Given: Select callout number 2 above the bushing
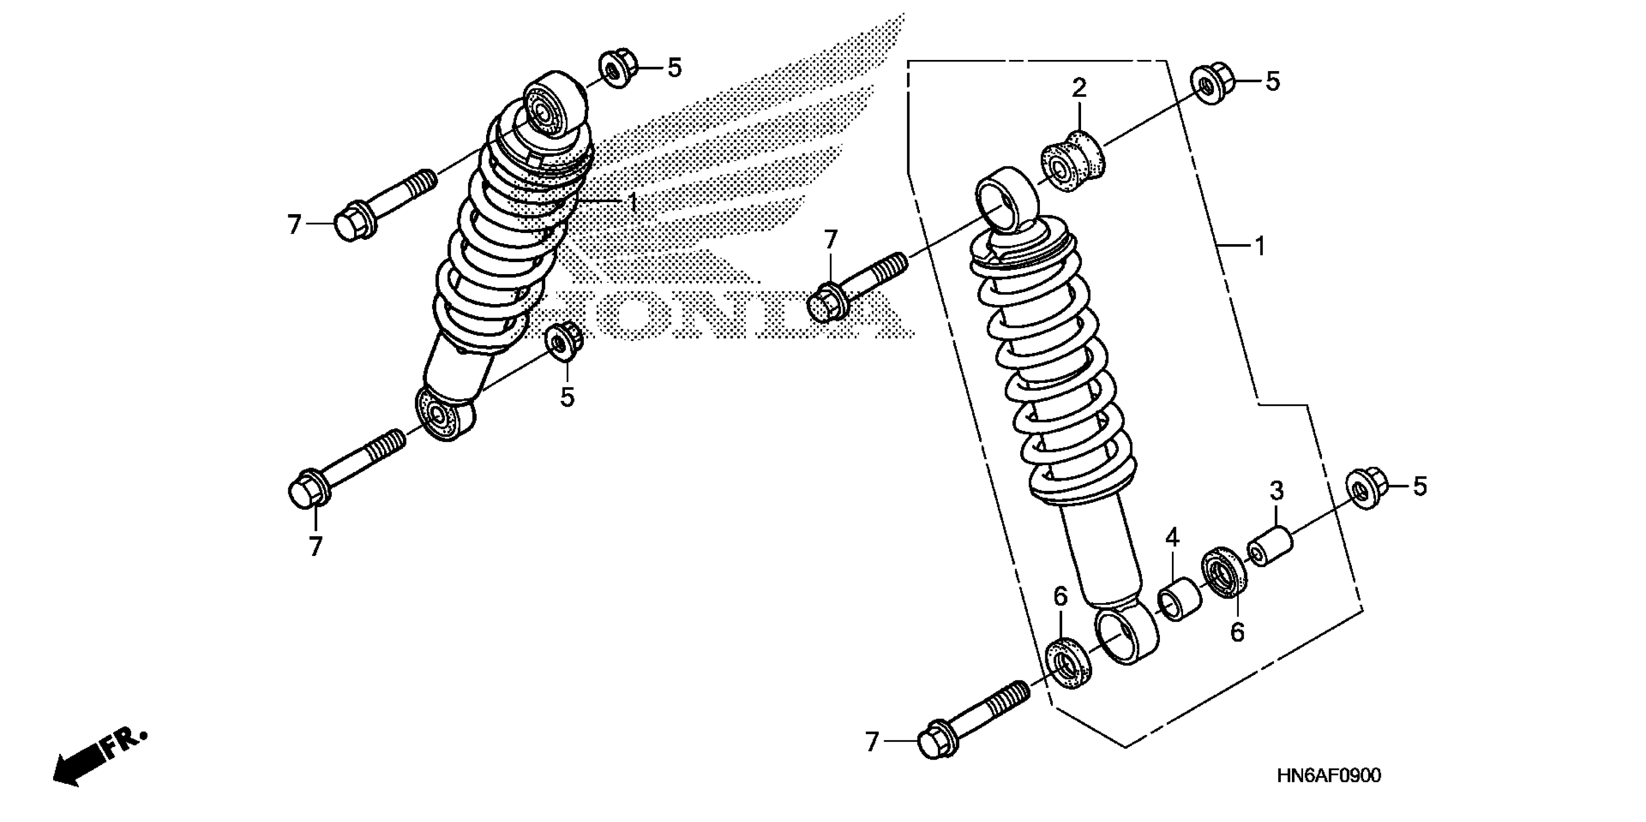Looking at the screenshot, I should (x=1079, y=88).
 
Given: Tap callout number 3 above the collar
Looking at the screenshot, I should (x=1276, y=491).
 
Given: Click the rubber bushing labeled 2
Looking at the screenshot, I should (x=1073, y=163).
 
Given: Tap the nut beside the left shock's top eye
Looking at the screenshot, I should (x=617, y=68).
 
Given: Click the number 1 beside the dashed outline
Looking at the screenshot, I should (x=1260, y=247).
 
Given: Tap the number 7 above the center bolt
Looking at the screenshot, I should (x=830, y=240).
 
